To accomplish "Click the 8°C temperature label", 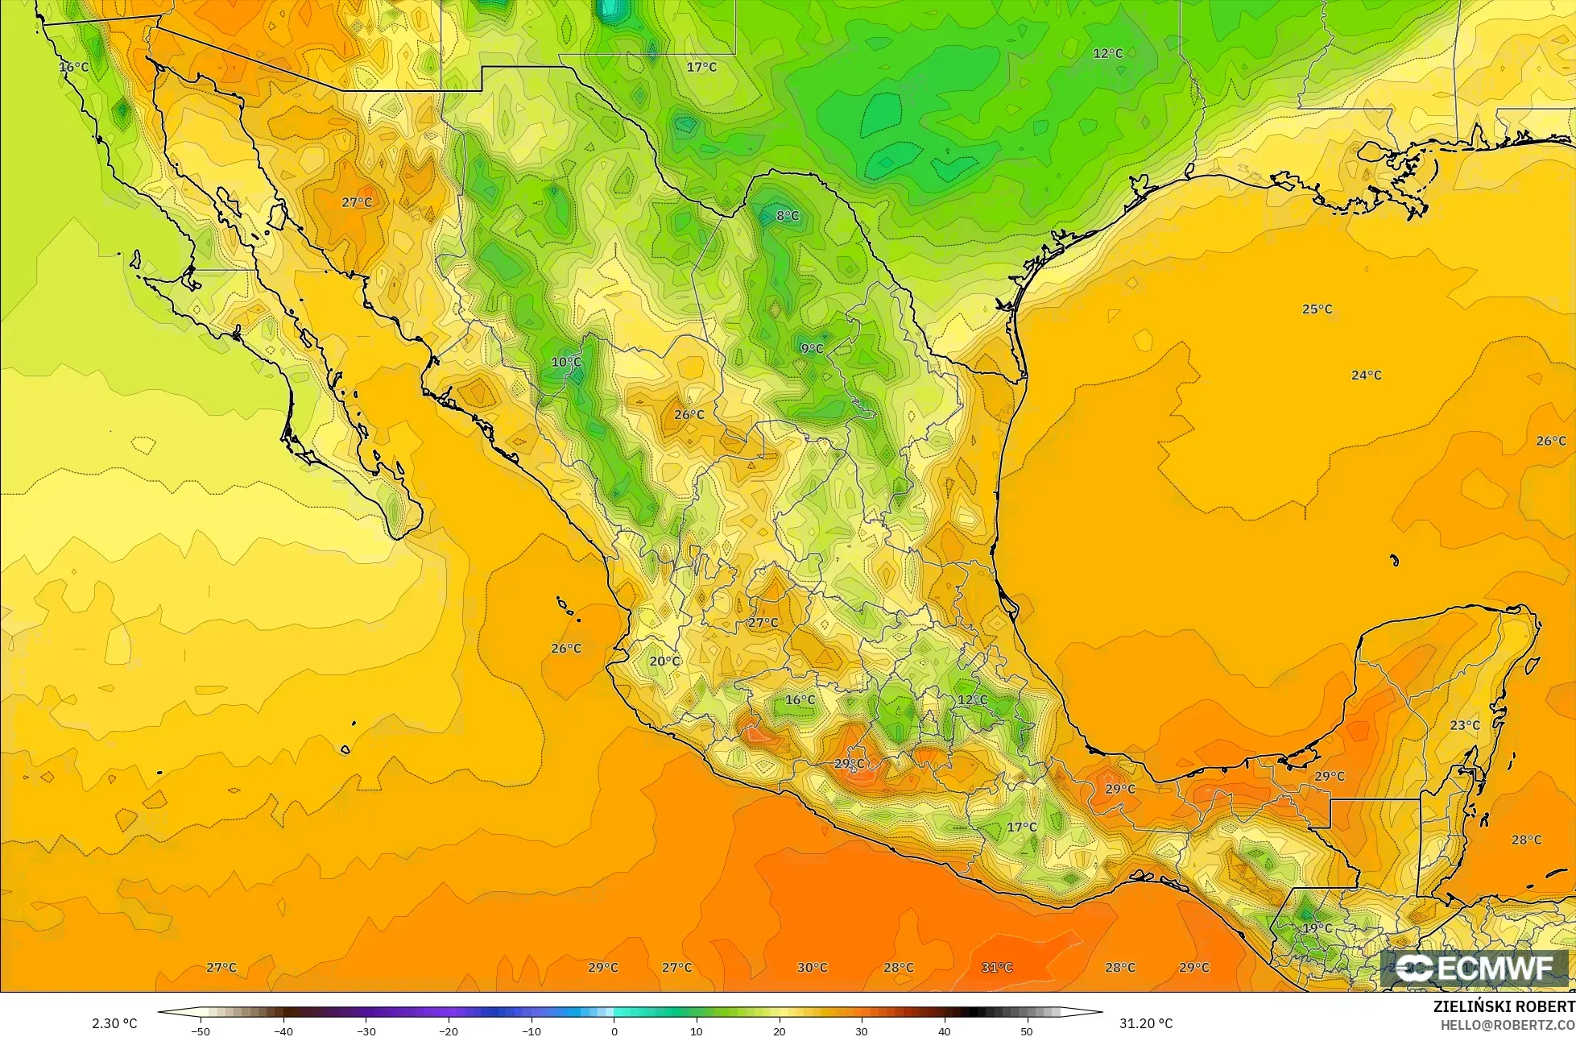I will (787, 216).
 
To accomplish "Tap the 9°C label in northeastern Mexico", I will (811, 349).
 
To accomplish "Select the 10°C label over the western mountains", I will (565, 363).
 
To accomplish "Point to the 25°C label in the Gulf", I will (1317, 309).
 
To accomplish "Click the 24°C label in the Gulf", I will (1366, 375).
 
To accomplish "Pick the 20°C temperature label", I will (664, 662).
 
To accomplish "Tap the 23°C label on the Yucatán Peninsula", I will (1464, 725).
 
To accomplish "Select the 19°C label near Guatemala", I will (1317, 928).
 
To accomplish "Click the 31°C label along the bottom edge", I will (997, 968).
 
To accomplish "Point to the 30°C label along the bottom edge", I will (812, 968).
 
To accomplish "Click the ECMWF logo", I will (1475, 969).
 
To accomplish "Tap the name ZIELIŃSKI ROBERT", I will (1504, 1007).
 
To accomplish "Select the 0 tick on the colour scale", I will (614, 1031).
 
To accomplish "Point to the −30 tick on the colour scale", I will (366, 1031).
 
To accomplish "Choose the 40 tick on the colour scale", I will (944, 1031).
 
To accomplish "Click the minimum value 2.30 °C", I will (114, 1023).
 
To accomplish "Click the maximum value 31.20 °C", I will (1141, 1023).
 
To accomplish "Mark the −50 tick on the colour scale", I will (200, 1031).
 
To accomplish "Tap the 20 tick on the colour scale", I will (780, 1031).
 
